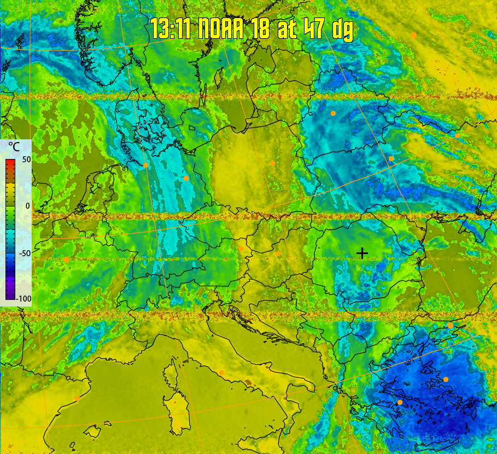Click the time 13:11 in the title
(170, 29)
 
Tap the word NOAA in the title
(220, 29)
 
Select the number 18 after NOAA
(261, 29)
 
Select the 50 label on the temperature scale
(26, 160)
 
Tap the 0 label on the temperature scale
(26, 206)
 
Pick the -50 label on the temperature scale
(25, 253)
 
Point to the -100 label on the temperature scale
(24, 298)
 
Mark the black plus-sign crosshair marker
(362, 253)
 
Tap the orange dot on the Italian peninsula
(221, 373)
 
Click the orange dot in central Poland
(272, 163)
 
